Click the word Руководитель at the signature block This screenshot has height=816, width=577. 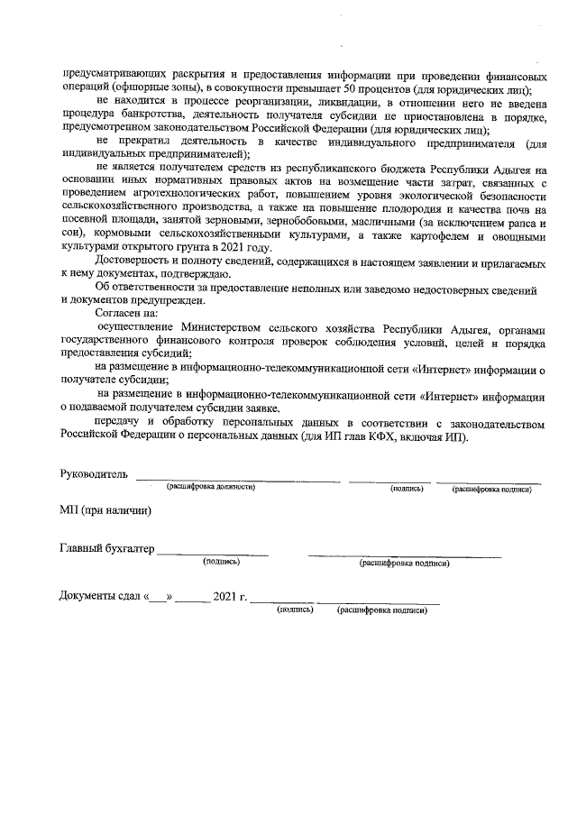(94, 473)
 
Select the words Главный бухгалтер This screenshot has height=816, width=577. (107, 549)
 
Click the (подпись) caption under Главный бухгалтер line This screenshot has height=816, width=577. (222, 562)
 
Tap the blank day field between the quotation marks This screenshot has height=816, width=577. (158, 597)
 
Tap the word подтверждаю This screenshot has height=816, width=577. (187, 275)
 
